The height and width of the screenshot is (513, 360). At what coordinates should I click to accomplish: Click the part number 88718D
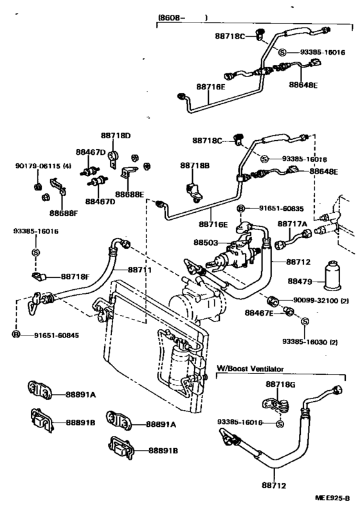point(115,136)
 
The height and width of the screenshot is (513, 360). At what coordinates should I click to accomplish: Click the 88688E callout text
point(130,194)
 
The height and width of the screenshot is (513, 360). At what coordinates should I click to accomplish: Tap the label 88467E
point(259,312)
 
